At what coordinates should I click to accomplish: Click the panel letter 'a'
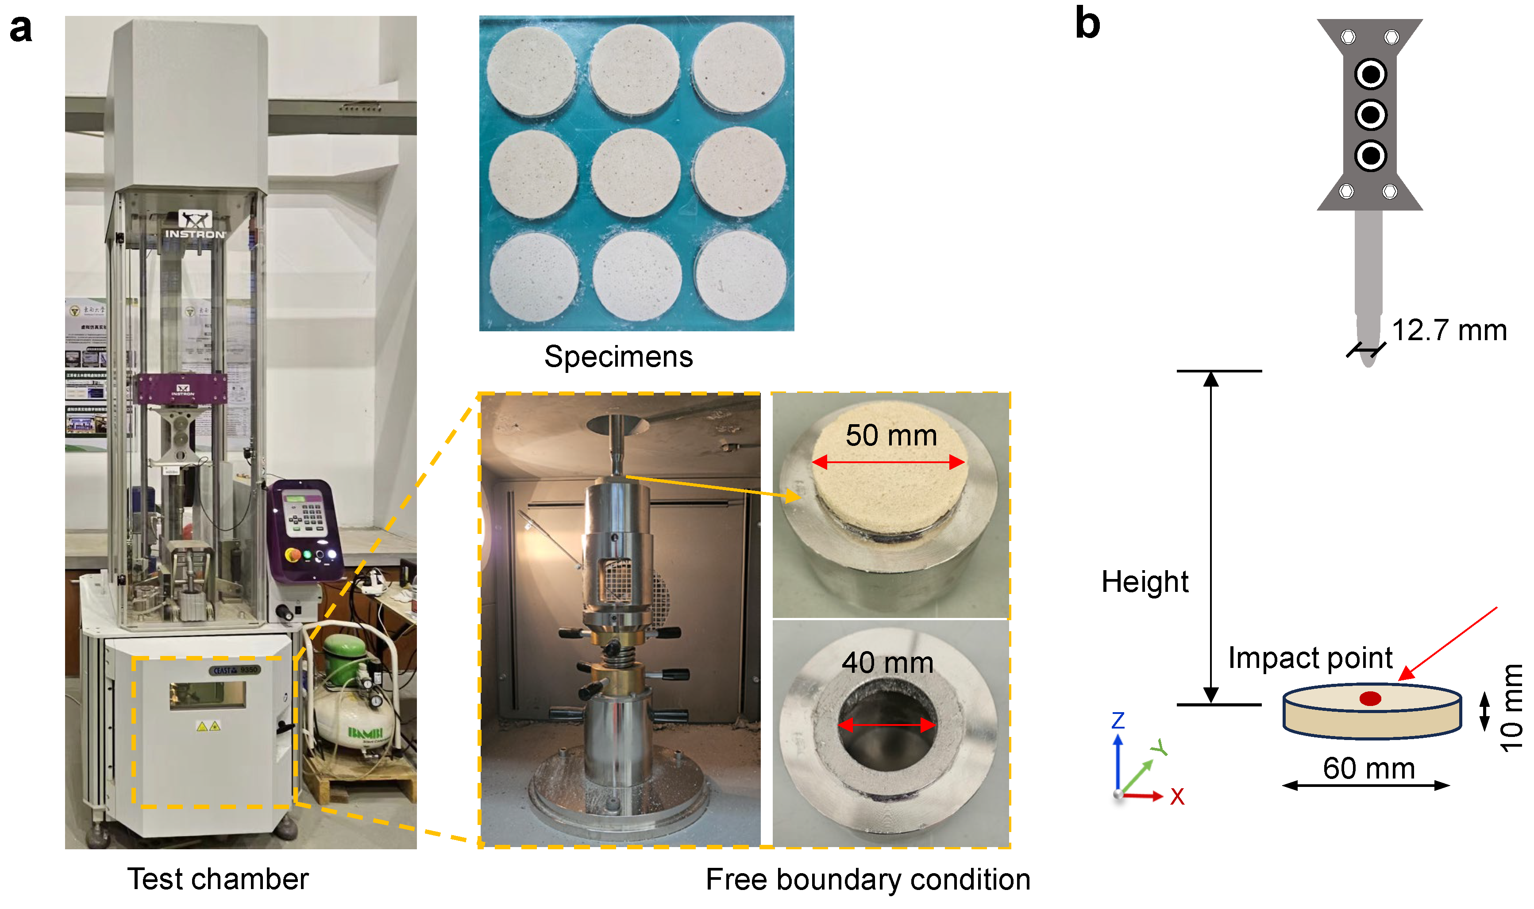point(20,29)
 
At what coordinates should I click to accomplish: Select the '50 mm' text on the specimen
point(891,436)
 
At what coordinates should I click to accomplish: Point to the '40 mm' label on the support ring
point(887,663)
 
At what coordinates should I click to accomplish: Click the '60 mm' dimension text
point(1368,768)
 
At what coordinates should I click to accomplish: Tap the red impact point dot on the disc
point(1370,698)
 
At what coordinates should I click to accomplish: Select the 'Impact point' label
point(1310,658)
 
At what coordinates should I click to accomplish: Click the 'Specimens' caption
point(618,357)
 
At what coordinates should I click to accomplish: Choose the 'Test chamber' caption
point(218,879)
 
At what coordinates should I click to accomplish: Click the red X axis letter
point(1177,797)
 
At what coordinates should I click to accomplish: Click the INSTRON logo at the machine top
point(195,234)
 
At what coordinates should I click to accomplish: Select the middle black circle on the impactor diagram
point(1370,115)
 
